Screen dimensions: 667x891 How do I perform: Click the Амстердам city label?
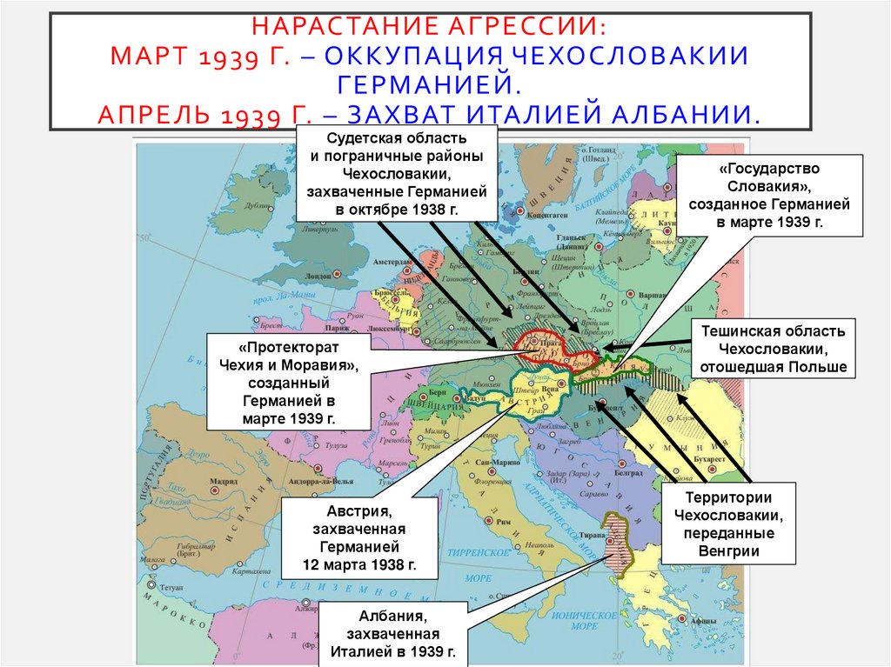point(392,261)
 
